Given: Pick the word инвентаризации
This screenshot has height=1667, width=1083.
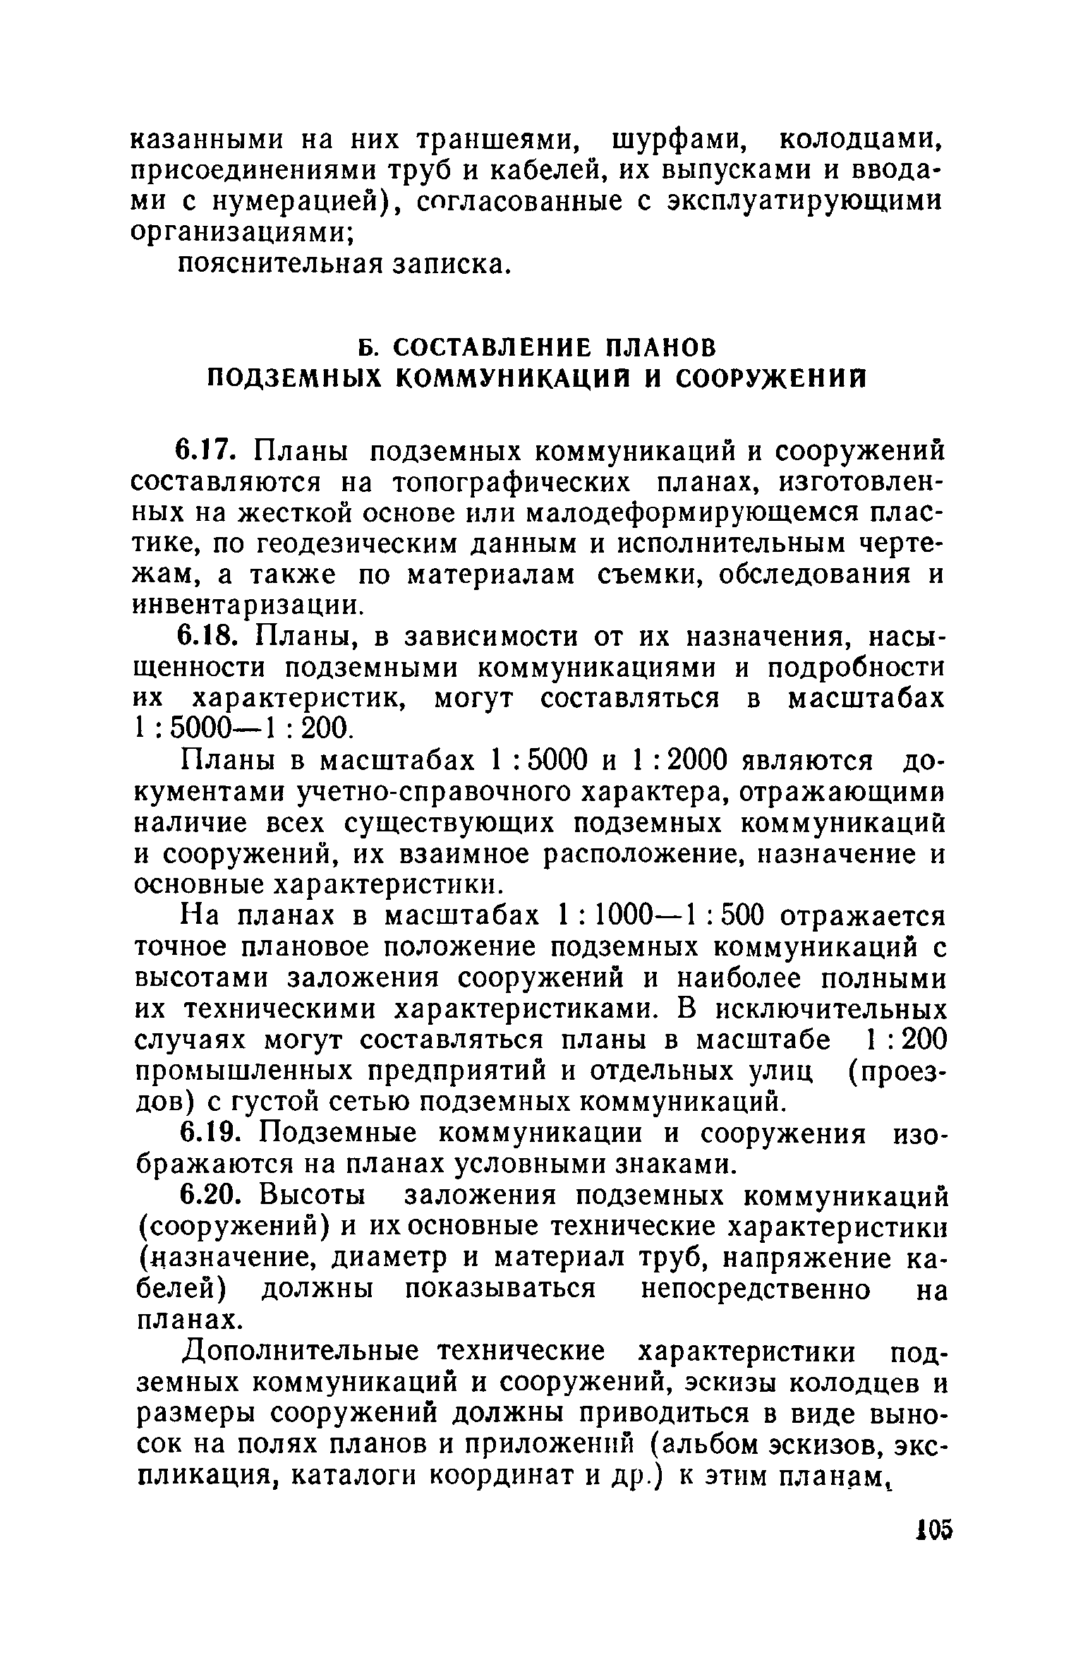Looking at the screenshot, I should pyautogui.click(x=246, y=606).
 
